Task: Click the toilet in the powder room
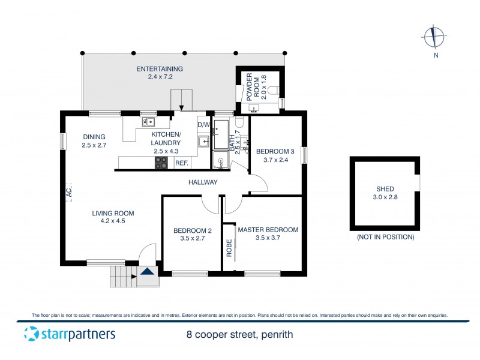[274, 91]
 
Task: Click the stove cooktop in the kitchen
[162, 163]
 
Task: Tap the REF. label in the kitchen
[181, 163]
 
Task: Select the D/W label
[204, 125]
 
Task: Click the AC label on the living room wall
[68, 192]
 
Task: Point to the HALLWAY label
[202, 182]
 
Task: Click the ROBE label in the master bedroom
[229, 248]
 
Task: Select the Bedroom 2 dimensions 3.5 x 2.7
[192, 238]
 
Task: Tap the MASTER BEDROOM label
[268, 230]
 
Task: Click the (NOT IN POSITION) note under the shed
[385, 237]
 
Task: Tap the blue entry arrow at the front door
[146, 271]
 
